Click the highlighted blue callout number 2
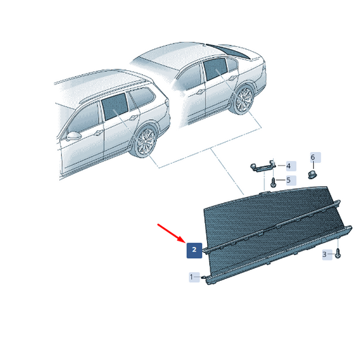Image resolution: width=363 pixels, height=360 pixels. [x=194, y=250]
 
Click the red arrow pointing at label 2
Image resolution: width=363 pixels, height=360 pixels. [x=172, y=233]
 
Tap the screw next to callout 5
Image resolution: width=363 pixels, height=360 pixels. [x=273, y=183]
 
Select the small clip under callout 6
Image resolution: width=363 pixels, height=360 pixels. [x=313, y=175]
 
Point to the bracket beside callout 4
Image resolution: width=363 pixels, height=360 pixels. [x=263, y=166]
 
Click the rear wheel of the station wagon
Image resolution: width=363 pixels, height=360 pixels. [x=146, y=142]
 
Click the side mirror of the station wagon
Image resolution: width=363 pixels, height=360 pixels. [x=74, y=136]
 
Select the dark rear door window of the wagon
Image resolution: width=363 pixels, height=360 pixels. [x=115, y=106]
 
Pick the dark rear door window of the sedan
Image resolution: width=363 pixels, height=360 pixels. [x=215, y=69]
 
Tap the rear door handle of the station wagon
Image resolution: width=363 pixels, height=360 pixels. [x=133, y=118]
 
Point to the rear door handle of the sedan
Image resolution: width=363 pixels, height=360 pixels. [x=232, y=78]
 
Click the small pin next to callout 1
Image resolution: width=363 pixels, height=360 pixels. [x=204, y=277]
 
